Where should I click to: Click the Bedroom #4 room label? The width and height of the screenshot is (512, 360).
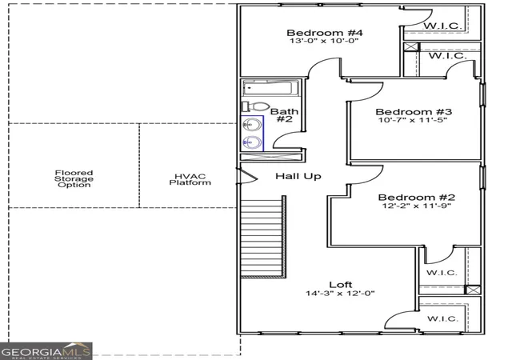(325, 33)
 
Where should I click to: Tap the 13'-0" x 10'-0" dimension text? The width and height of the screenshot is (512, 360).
(324, 41)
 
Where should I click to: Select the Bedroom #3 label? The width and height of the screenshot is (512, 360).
(414, 112)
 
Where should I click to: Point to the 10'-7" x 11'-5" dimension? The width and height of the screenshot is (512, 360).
(413, 120)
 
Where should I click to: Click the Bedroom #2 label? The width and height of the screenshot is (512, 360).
(416, 198)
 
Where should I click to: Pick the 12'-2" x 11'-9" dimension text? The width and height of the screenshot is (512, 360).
(416, 206)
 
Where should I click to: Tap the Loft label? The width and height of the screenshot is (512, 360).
(340, 285)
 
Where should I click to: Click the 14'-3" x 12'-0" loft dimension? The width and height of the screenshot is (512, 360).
(340, 293)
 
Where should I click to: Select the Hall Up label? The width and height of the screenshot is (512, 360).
(298, 177)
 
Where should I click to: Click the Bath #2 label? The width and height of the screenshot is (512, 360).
(285, 115)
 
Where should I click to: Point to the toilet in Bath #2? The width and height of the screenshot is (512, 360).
(255, 106)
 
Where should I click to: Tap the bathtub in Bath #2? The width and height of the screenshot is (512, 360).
(270, 88)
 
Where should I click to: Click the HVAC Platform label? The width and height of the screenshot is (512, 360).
(190, 180)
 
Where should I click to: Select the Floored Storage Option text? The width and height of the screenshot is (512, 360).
(74, 178)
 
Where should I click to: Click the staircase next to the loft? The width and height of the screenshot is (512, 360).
(263, 237)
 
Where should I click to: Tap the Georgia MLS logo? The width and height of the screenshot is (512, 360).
(46, 351)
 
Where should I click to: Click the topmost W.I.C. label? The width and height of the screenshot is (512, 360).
(442, 26)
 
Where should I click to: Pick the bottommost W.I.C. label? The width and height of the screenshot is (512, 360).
(442, 318)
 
